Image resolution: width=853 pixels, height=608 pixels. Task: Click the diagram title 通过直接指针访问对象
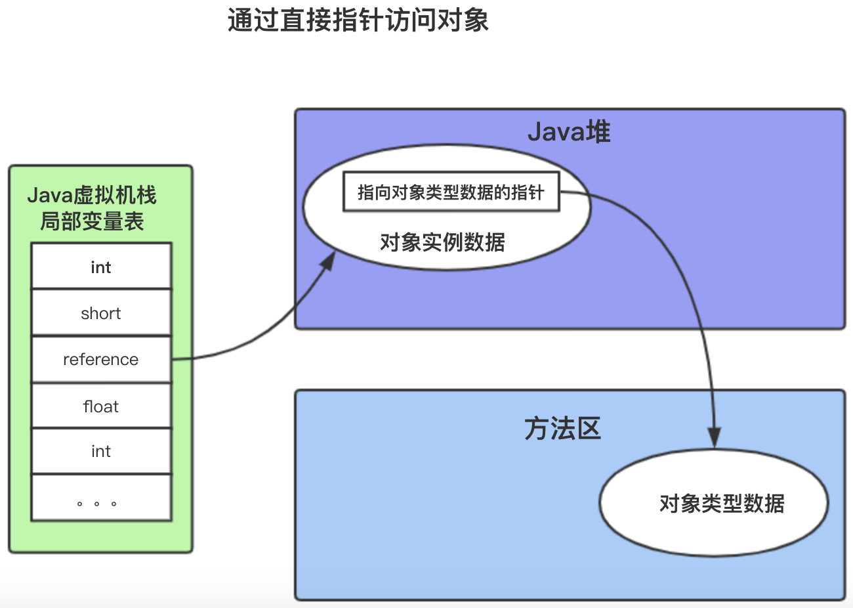(x=358, y=20)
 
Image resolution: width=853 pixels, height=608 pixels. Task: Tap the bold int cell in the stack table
(x=101, y=267)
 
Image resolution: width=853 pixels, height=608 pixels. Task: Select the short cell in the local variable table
(x=101, y=313)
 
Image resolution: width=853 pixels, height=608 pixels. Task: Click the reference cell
(x=101, y=359)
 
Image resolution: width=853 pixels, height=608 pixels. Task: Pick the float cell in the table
(x=101, y=406)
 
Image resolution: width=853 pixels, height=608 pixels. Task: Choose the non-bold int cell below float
(x=101, y=451)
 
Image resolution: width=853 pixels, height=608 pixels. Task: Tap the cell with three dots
(x=101, y=498)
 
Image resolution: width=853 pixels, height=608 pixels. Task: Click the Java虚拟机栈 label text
(x=92, y=195)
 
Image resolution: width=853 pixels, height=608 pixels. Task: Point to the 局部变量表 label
(x=92, y=221)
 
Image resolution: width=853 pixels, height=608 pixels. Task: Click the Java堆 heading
(x=569, y=132)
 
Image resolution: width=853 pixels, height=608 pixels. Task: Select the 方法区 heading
(x=562, y=429)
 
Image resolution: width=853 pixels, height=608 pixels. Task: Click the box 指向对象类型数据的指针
(x=451, y=192)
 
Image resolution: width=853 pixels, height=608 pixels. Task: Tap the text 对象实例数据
(x=442, y=242)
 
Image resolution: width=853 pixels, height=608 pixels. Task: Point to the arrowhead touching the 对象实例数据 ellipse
(x=329, y=261)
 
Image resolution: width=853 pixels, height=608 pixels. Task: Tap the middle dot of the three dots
(x=96, y=504)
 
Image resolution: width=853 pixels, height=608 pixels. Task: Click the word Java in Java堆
(x=556, y=132)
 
